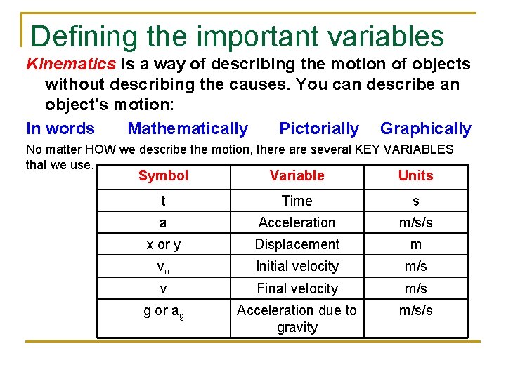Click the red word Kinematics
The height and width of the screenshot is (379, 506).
tap(71, 64)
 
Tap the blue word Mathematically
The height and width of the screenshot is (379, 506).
tap(188, 128)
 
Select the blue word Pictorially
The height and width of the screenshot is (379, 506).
tap(319, 128)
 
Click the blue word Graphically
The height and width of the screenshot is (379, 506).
tap(426, 128)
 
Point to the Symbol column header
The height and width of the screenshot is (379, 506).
tap(163, 175)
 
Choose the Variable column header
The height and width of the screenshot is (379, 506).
tap(297, 175)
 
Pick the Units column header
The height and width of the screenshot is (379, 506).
tap(415, 175)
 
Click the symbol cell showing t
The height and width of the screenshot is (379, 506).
tap(163, 201)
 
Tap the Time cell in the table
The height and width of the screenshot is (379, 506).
tap(297, 201)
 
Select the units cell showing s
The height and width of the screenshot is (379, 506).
tap(415, 201)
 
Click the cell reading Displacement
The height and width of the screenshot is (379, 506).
tap(297, 244)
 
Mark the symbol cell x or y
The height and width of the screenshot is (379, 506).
tap(163, 244)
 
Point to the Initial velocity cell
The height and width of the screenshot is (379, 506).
tap(297, 266)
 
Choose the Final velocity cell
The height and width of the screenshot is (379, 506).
tap(297, 288)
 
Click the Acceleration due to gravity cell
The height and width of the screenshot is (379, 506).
tap(297, 319)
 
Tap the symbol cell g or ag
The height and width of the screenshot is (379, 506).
tap(163, 311)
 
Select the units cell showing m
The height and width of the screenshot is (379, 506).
tap(415, 244)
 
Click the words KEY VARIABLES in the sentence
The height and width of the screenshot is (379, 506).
tap(408, 149)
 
